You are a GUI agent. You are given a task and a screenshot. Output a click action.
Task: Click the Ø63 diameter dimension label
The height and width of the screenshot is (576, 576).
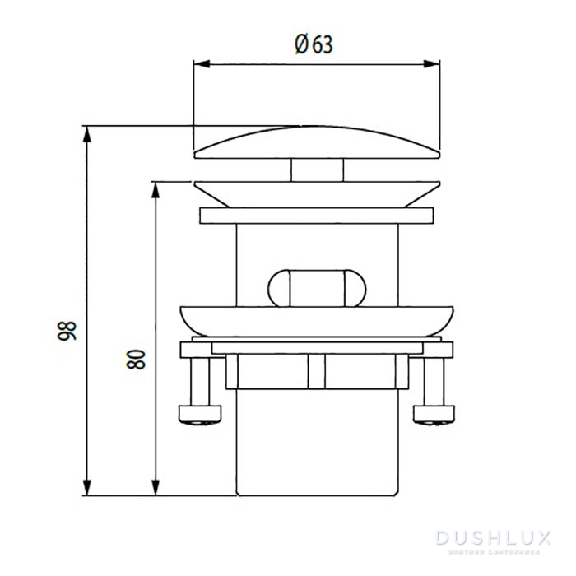(314, 44)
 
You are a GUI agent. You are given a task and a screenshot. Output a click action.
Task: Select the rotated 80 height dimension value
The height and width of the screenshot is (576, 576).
(137, 359)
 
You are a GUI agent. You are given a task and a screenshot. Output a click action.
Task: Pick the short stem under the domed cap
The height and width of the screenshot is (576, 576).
(317, 170)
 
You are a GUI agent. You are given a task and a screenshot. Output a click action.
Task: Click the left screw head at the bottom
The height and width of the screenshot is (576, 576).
(201, 413)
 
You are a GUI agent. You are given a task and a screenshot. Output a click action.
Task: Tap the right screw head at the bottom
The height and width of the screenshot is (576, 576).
(433, 413)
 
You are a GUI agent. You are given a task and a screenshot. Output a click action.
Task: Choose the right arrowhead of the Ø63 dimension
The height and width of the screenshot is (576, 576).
(434, 63)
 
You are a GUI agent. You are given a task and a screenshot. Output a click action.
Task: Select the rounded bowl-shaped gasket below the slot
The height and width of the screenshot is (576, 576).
(317, 321)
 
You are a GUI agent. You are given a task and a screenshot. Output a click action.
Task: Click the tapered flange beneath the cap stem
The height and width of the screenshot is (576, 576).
(317, 194)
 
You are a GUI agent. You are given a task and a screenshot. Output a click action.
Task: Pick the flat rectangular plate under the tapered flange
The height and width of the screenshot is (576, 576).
(317, 216)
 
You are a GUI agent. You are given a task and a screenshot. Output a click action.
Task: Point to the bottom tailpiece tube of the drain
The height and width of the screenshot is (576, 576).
(317, 444)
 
